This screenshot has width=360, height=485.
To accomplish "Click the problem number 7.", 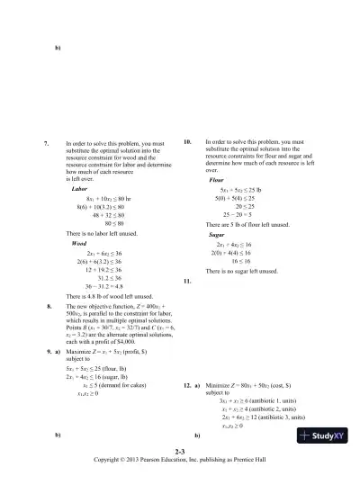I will click(47, 143).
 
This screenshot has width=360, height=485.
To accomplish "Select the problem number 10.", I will click(187, 143).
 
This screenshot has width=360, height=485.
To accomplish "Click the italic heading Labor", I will click(78, 189).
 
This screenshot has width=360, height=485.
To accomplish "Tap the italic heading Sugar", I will click(216, 234).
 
